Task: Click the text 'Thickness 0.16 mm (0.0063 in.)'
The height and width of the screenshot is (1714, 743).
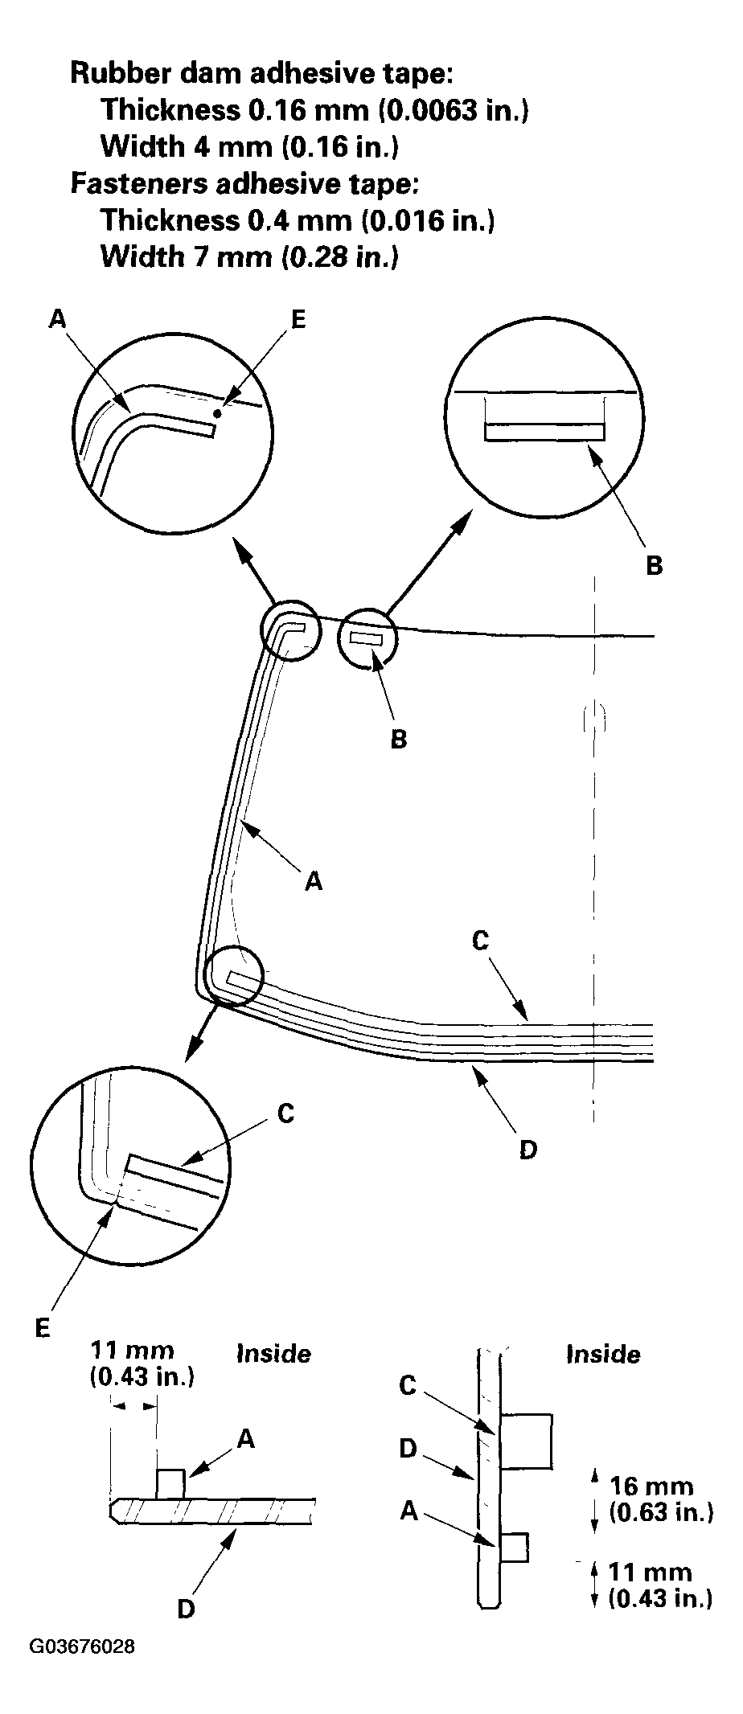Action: click(314, 109)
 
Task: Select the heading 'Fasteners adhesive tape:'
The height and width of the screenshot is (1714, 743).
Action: click(244, 183)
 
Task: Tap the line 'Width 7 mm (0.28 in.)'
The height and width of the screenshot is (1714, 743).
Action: click(249, 257)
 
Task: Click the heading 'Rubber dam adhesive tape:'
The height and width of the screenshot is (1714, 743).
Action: click(262, 73)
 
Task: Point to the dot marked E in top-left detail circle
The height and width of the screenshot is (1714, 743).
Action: click(217, 413)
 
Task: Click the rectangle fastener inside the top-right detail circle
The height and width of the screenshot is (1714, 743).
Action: click(544, 433)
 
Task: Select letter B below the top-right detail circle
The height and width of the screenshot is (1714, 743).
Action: click(654, 565)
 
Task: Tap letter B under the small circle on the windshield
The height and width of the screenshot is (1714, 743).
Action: click(398, 739)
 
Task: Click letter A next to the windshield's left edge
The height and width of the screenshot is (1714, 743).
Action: click(314, 882)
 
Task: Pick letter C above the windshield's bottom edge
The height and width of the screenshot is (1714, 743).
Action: click(480, 940)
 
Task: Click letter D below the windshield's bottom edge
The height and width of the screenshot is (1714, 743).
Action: click(527, 1150)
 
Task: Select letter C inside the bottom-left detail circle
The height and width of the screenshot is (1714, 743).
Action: click(285, 1113)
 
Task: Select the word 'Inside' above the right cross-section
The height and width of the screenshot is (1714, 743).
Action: click(603, 1354)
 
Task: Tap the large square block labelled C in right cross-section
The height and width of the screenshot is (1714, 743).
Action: click(526, 1441)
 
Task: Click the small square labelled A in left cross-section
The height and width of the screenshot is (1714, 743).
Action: click(170, 1483)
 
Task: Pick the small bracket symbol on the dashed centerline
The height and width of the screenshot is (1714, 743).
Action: click(593, 717)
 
